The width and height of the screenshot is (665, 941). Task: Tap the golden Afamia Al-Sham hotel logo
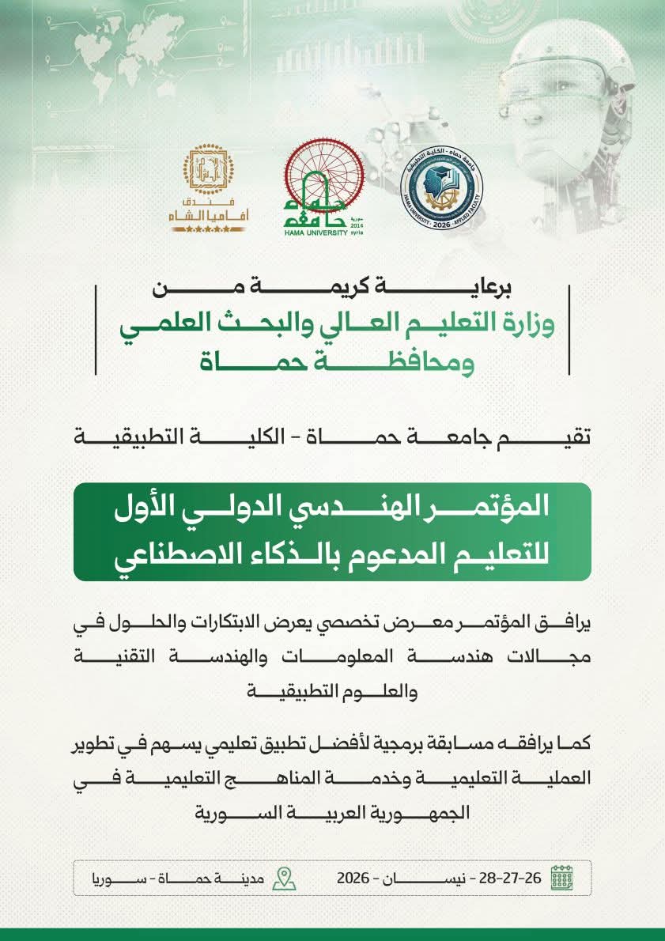click(209, 188)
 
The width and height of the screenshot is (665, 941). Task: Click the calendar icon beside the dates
click(561, 878)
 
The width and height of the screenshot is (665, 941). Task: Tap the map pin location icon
click(284, 878)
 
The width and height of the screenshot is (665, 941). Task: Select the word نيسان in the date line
click(433, 878)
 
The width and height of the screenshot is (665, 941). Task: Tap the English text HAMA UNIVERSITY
click(316, 233)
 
